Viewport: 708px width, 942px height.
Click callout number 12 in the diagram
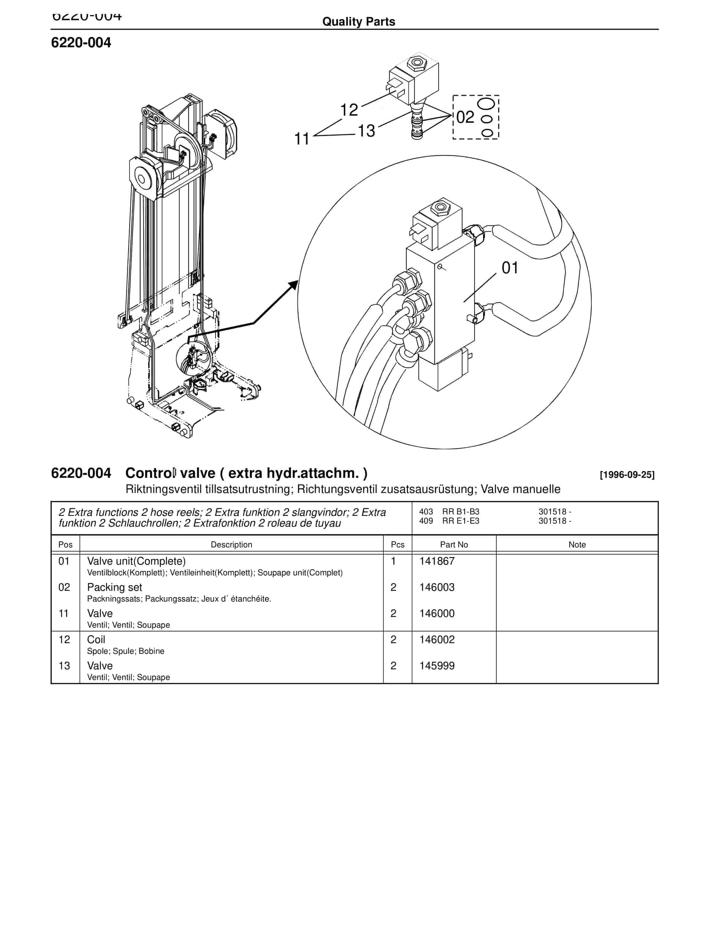[x=349, y=110]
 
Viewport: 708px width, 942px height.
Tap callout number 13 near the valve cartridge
[x=366, y=131]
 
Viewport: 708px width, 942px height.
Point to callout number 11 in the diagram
[x=302, y=139]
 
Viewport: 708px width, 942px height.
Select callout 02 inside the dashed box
[x=465, y=117]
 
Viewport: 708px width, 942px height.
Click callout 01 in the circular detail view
[x=510, y=268]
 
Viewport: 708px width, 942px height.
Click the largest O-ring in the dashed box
[x=486, y=103]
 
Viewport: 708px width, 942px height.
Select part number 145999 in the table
[x=437, y=666]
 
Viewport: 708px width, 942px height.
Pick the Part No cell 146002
[x=437, y=639]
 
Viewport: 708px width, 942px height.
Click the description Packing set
[x=114, y=587]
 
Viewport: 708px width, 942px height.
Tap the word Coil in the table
[x=96, y=639]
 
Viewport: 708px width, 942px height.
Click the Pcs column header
[x=397, y=545]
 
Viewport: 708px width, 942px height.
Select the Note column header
[x=577, y=545]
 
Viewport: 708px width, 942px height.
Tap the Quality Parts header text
[x=358, y=22]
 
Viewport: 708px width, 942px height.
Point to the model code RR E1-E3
[x=460, y=521]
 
